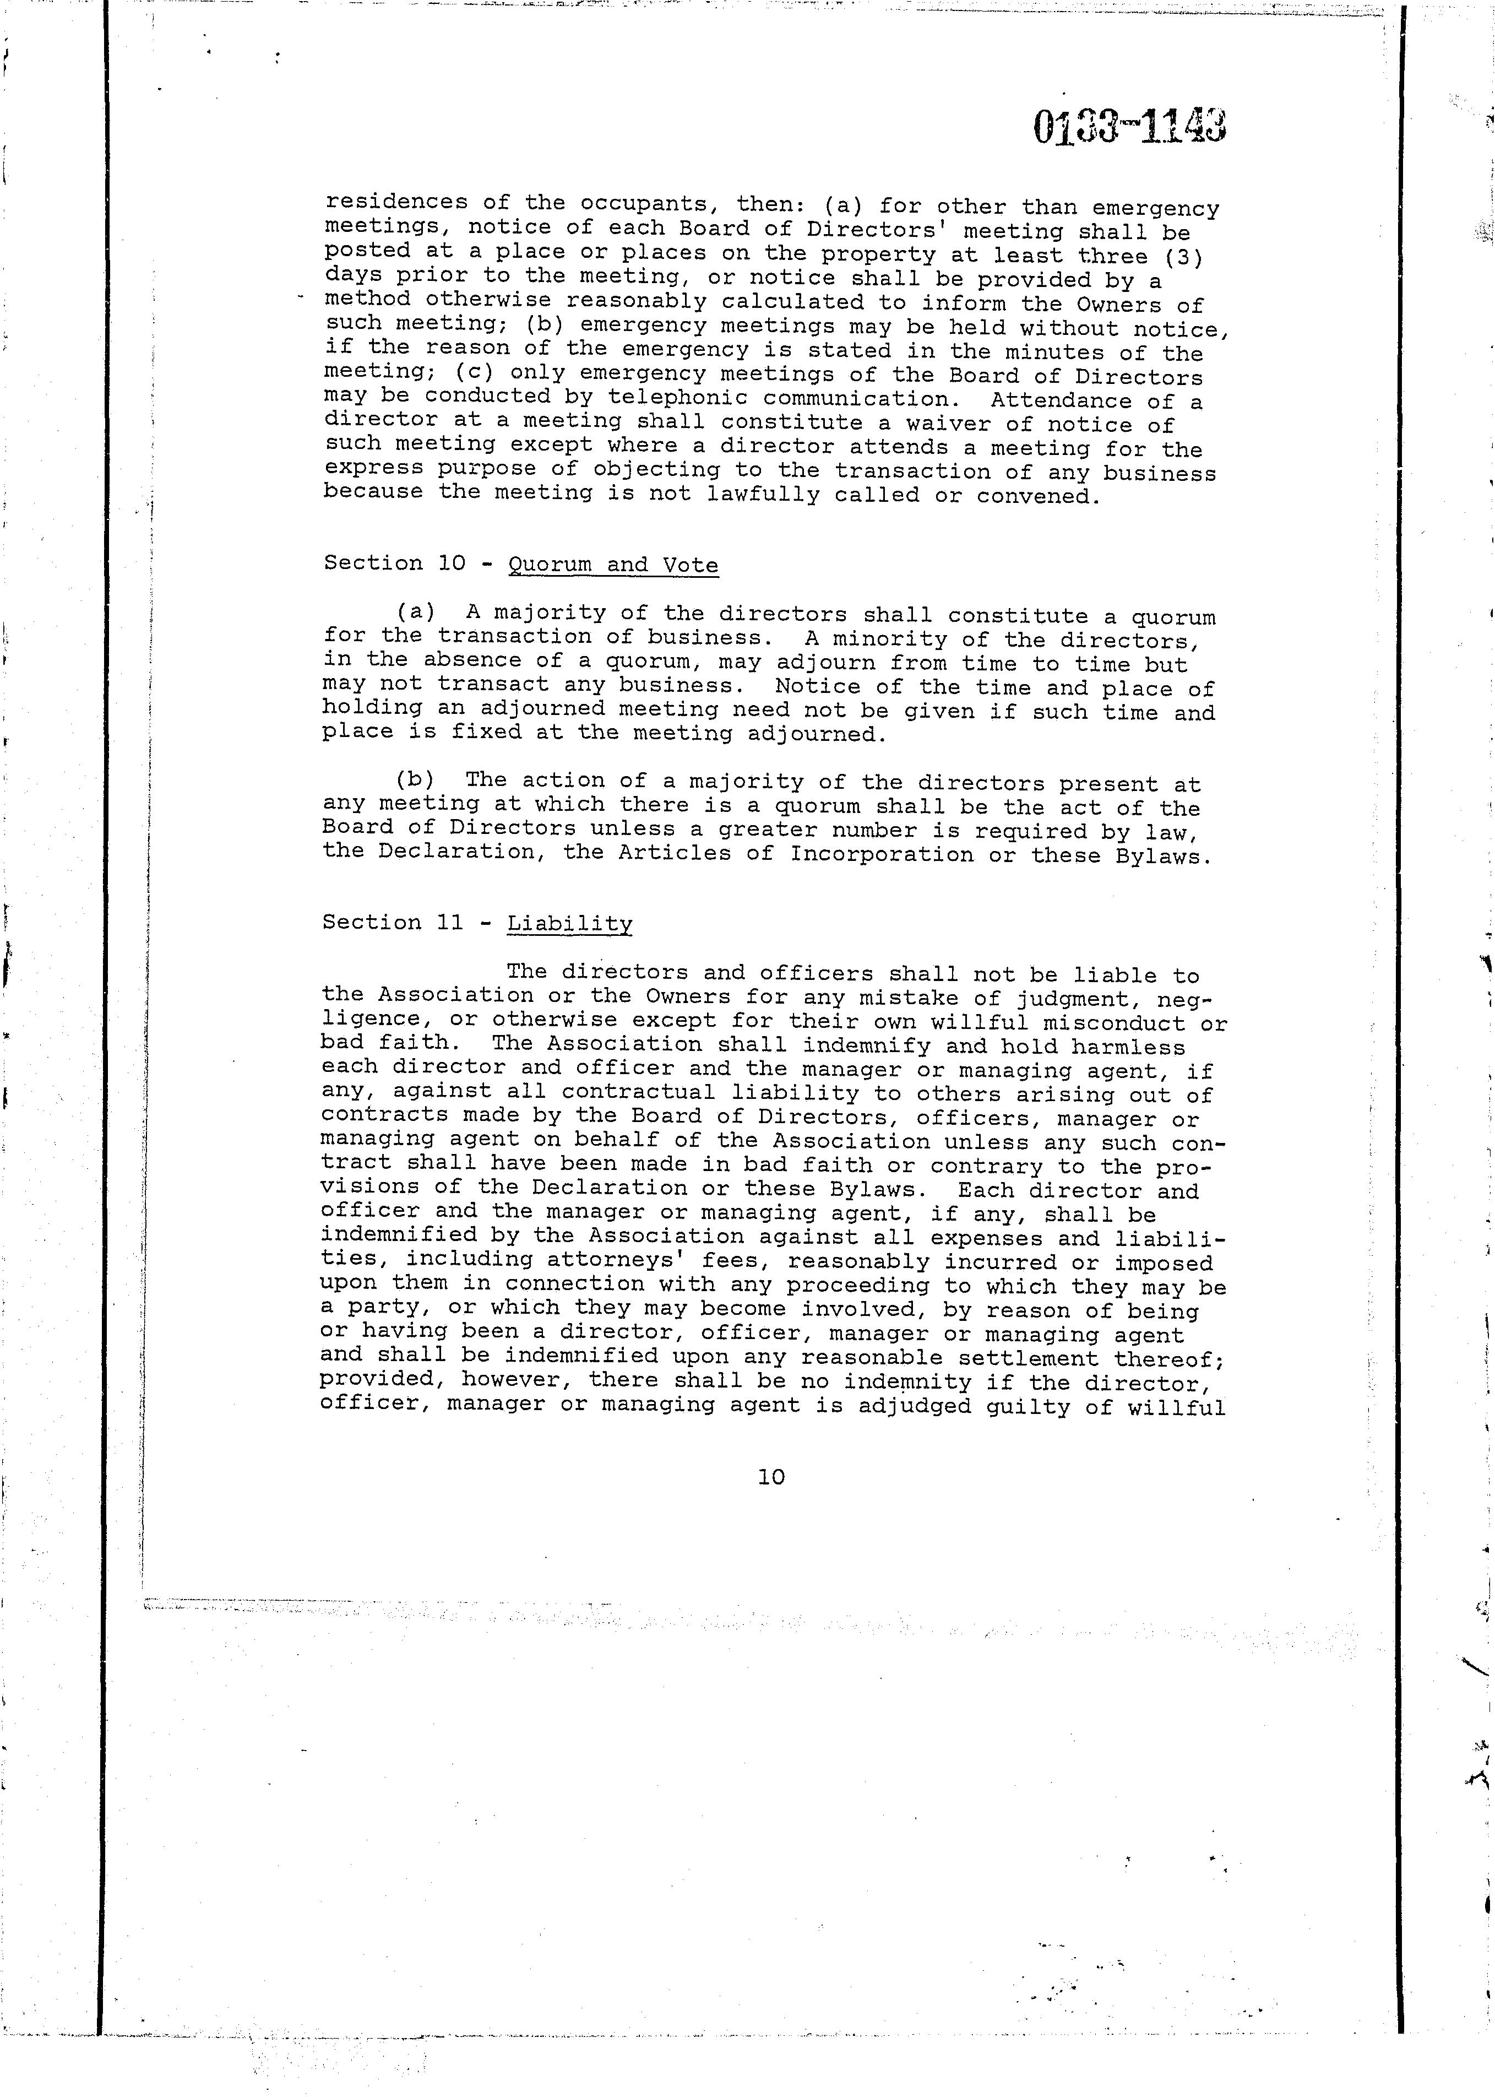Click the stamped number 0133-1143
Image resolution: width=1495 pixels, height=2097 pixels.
tap(1129, 127)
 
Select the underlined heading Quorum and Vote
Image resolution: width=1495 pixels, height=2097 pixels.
tap(613, 565)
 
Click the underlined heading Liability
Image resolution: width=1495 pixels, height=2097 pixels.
tap(570, 924)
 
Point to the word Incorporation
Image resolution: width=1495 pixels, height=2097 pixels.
tap(881, 855)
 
